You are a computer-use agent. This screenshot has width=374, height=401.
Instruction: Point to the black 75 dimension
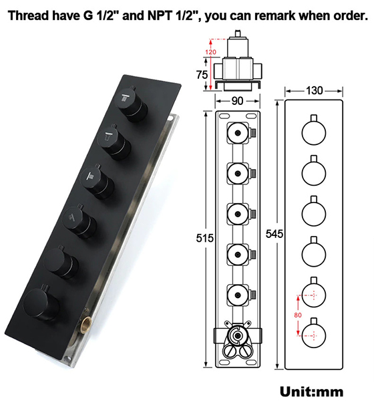point(202,75)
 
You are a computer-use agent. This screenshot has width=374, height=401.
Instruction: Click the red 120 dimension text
point(211,51)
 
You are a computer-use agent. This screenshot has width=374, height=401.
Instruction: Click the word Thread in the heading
point(30,16)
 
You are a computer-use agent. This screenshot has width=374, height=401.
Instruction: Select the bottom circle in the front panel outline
point(313,332)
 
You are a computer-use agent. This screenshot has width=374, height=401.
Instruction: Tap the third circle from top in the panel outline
point(313,213)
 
